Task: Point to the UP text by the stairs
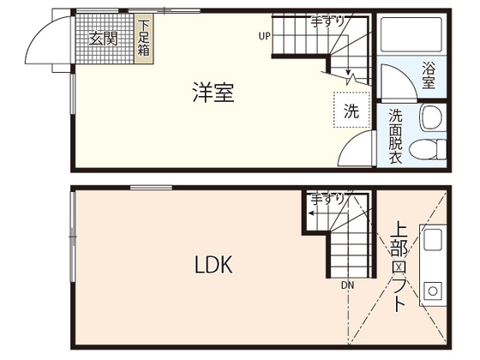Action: pyautogui.click(x=264, y=37)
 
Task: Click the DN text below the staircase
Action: pyautogui.click(x=346, y=285)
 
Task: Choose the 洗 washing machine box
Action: pyautogui.click(x=351, y=110)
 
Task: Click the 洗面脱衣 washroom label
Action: pyautogui.click(x=396, y=135)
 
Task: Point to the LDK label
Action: pyautogui.click(x=212, y=265)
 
